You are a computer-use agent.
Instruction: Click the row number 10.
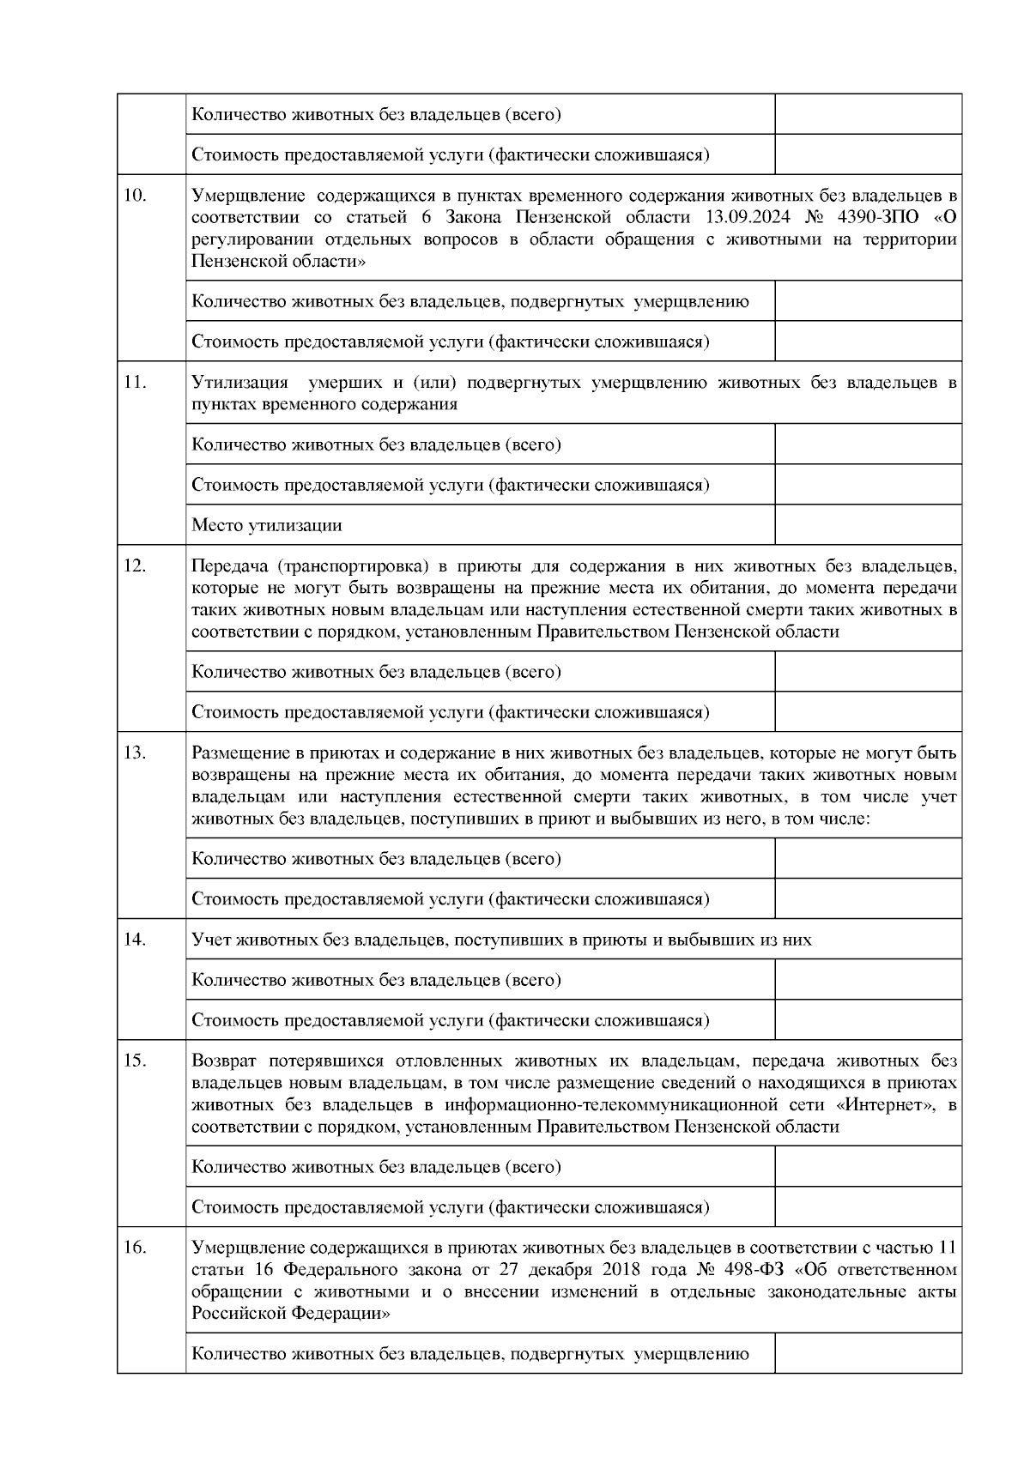pyautogui.click(x=135, y=195)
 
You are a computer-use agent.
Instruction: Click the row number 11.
pyautogui.click(x=135, y=383)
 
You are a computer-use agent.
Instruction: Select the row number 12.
pyautogui.click(x=136, y=565)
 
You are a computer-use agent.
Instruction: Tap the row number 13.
pyautogui.click(x=136, y=753)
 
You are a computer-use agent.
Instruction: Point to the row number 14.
pyautogui.click(x=136, y=939)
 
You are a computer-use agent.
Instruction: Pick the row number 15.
pyautogui.click(x=136, y=1061)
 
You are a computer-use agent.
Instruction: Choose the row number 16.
pyautogui.click(x=136, y=1247)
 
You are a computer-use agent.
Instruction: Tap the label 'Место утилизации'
pyautogui.click(x=266, y=525)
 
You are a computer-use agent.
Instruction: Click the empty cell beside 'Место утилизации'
pyautogui.click(x=867, y=525)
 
